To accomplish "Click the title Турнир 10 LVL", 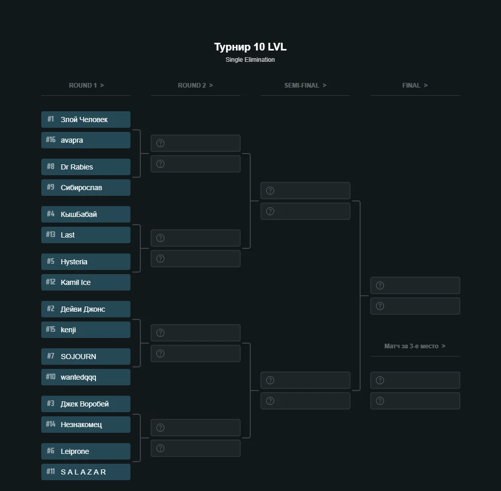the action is [x=250, y=47].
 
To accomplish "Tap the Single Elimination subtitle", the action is [x=250, y=60].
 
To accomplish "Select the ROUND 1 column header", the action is [x=86, y=85].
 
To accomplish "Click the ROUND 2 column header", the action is [x=195, y=85].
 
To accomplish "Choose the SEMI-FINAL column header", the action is [x=305, y=85].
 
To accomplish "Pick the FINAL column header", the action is [x=415, y=85].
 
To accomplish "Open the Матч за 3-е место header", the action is [x=415, y=346].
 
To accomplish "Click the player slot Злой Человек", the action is [x=86, y=120].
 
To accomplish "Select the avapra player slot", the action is [x=86, y=140].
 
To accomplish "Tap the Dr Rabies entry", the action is [x=86, y=167].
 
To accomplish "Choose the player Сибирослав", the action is [x=86, y=188].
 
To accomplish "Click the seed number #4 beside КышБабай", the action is [x=51, y=214].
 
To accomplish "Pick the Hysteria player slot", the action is [x=86, y=262].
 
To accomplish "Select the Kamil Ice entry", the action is [x=86, y=282].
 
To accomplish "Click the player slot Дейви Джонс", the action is [x=86, y=309].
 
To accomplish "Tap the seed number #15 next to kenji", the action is [x=51, y=329].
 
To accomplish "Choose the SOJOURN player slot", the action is [x=86, y=357].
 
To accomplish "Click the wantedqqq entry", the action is [x=86, y=377].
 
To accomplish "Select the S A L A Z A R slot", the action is [x=86, y=472].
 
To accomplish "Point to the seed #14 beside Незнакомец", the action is [x=51, y=424].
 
